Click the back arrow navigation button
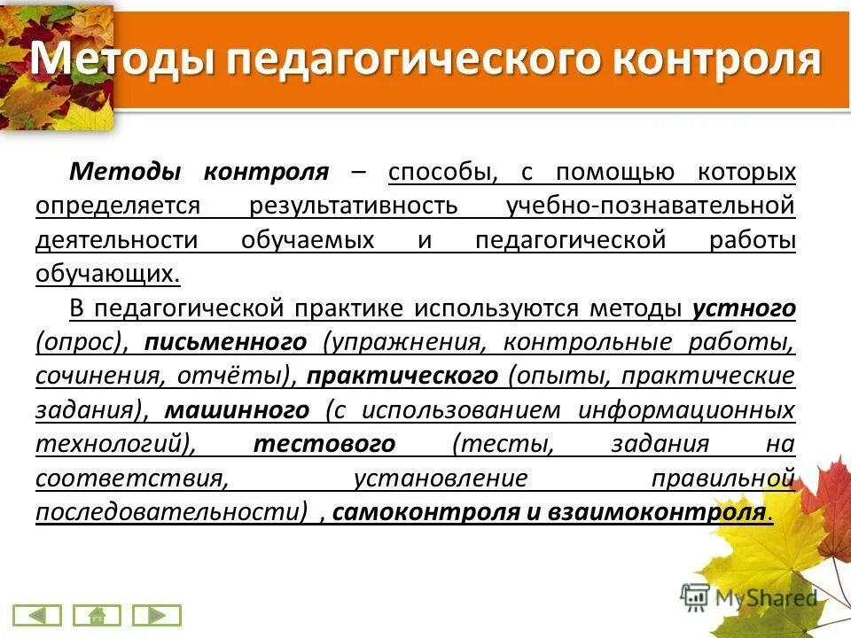[37, 614]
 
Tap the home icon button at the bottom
[97, 614]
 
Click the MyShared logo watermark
[750, 597]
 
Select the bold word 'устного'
[745, 308]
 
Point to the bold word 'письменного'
[226, 342]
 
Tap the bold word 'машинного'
[238, 410]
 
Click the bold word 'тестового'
[324, 444]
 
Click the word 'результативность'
[354, 206]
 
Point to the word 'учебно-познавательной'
[651, 206]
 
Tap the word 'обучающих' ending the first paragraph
[106, 274]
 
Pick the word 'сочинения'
[93, 376]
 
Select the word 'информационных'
[687, 410]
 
